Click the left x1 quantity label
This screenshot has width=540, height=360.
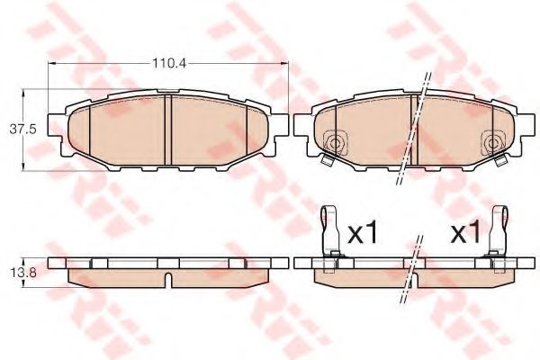tap(363, 235)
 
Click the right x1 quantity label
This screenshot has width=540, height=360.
tap(465, 235)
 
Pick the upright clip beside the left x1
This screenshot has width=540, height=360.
tap(329, 232)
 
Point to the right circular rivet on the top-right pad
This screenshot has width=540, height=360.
tap(491, 141)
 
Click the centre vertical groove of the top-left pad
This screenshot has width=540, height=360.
tap(170, 130)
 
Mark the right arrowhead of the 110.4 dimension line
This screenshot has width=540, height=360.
tap(287, 63)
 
